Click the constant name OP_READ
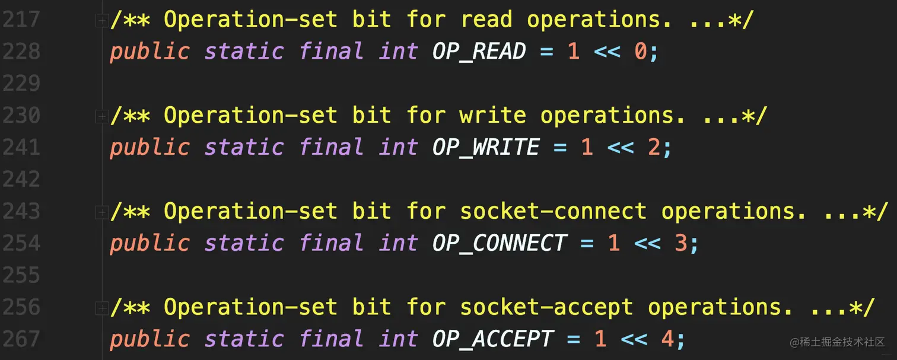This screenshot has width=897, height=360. point(479,52)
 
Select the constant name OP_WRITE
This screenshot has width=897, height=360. point(486,148)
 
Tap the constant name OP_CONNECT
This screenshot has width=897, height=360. point(500,244)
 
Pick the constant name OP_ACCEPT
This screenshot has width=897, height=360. point(492,339)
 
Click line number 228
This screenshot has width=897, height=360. point(21,52)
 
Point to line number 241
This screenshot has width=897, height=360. point(21,148)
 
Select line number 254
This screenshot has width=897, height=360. point(21,244)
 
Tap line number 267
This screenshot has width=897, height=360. point(21,339)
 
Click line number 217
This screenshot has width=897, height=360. point(21,20)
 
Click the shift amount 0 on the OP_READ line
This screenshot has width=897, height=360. point(640,52)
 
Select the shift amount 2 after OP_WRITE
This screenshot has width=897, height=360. point(654,148)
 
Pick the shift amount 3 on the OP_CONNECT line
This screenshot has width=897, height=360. point(681,244)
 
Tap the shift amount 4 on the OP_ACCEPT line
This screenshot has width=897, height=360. point(667,339)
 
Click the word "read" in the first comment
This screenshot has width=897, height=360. point(486,20)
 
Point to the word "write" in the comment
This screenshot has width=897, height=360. point(492,116)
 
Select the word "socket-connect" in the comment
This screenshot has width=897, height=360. point(553,212)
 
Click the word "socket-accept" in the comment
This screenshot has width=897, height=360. point(546,307)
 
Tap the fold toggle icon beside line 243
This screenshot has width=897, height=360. point(101,212)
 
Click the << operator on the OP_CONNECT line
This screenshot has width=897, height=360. point(647,244)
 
